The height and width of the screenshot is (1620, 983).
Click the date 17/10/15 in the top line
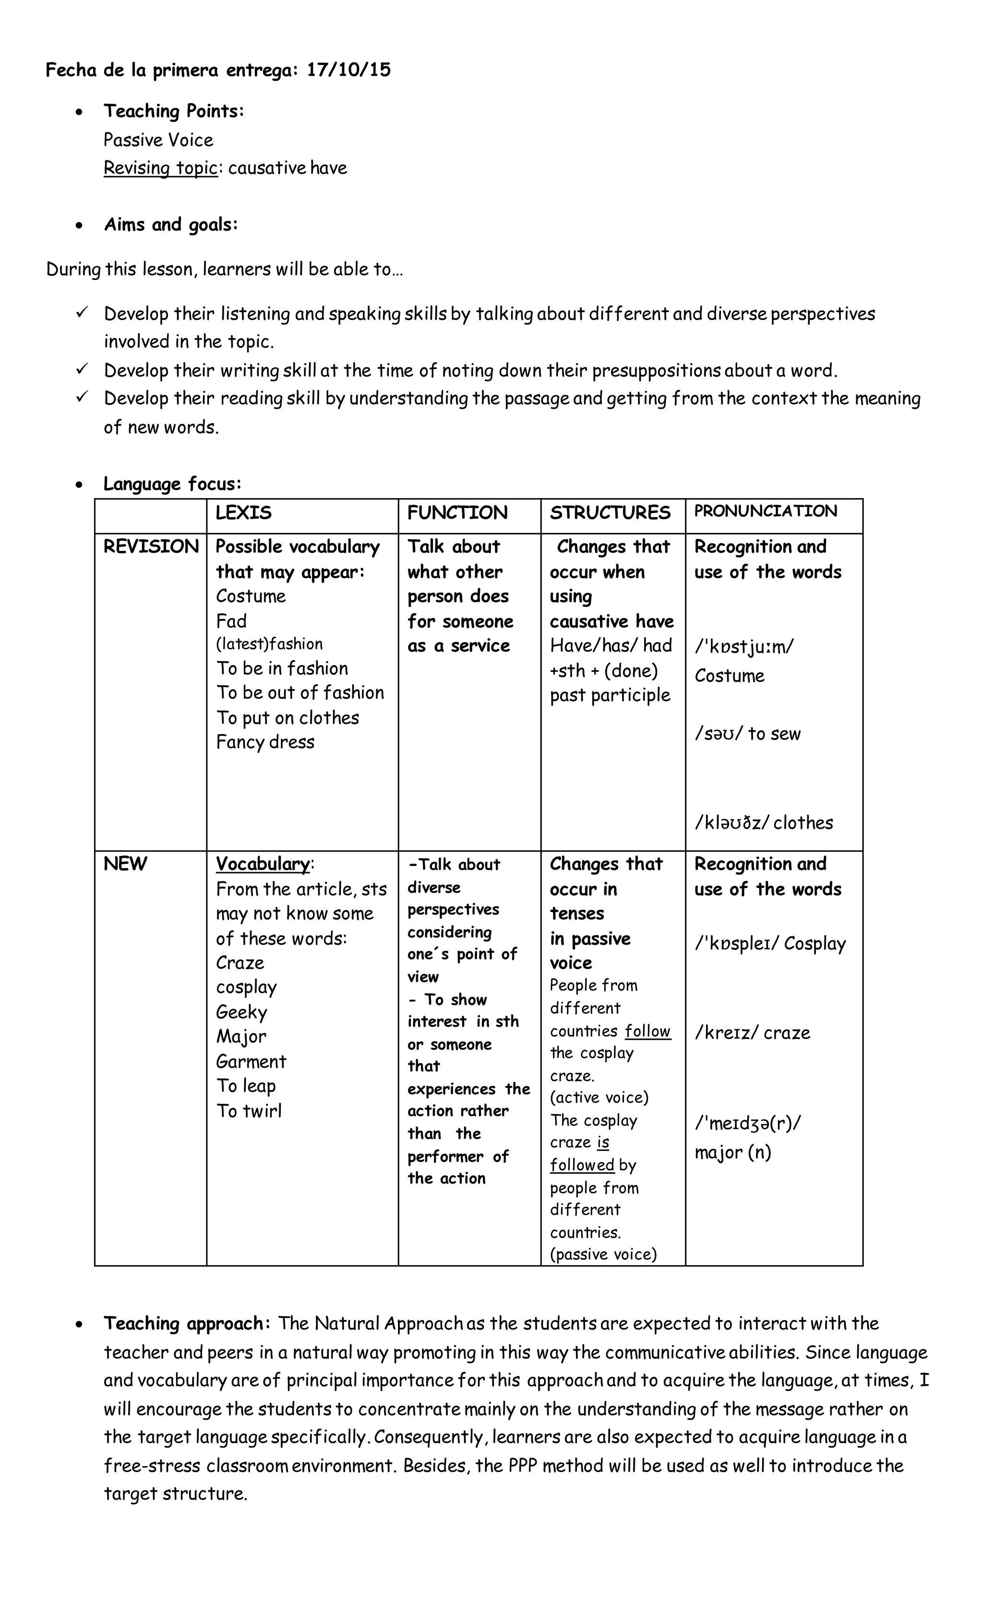(348, 70)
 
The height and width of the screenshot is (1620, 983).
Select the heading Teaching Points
(173, 110)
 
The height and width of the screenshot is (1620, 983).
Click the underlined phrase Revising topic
(160, 168)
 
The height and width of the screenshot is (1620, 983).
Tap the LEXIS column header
(243, 512)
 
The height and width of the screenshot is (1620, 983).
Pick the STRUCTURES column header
(610, 512)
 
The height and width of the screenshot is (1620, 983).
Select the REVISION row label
(150, 547)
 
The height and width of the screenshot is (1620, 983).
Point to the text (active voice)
(599, 1097)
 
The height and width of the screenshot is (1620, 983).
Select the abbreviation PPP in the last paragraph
(523, 1465)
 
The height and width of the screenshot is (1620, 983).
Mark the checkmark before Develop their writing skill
(82, 369)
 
